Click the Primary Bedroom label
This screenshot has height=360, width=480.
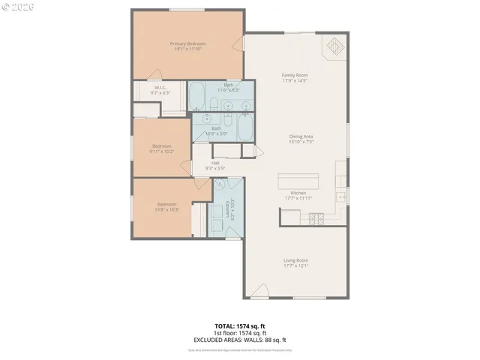tap(187, 46)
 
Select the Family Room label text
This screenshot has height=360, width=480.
tap(295, 78)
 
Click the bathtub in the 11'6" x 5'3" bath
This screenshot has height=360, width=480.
tap(199, 97)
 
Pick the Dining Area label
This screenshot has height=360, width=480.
tap(300, 138)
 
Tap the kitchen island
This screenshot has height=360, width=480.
tap(298, 181)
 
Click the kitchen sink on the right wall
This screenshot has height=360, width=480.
tap(341, 197)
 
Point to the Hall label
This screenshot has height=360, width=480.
tap(215, 165)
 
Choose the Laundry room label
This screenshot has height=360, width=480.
tap(229, 209)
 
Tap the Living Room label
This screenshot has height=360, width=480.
tap(295, 262)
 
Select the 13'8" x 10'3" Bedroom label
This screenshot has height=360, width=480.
tap(166, 207)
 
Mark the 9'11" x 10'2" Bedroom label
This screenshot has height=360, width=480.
tap(162, 148)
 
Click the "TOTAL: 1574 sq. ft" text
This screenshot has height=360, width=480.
tap(239, 326)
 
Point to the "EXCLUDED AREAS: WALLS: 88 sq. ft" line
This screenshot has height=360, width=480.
tap(239, 338)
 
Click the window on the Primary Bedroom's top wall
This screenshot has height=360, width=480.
tap(187, 9)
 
